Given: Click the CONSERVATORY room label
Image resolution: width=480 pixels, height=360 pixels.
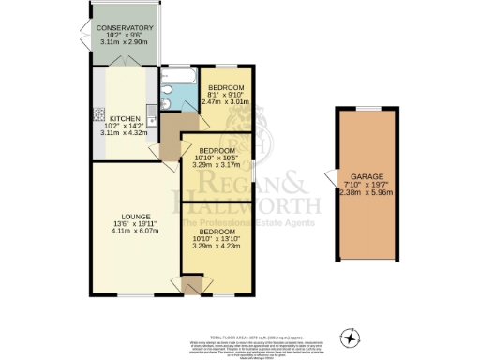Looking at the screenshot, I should click(124, 27).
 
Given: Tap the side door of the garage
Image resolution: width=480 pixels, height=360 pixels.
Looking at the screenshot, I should click(328, 178).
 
